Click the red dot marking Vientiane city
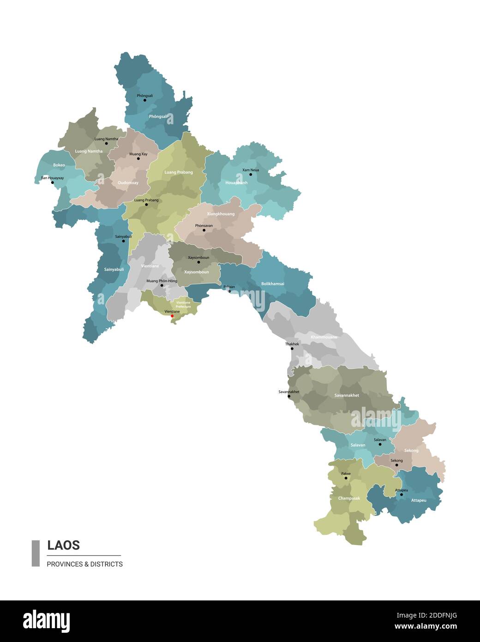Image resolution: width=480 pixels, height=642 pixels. point(172,316)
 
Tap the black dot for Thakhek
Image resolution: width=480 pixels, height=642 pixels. point(292,349)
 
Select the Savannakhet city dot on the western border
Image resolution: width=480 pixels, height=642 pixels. point(289,396)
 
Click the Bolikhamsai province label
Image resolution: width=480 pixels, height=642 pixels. point(273,284)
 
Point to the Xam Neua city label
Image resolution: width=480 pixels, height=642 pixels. point(251,170)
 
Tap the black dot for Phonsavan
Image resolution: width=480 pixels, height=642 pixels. point(204,230)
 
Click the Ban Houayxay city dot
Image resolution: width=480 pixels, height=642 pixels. point(52,182)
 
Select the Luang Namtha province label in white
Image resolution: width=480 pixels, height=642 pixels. point(89,151)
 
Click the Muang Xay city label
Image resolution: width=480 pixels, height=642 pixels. point(138,154)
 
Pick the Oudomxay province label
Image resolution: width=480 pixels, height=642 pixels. point(128,182)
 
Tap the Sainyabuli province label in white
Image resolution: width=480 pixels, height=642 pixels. point(114,269)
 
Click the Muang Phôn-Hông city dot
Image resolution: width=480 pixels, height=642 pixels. point(162,285)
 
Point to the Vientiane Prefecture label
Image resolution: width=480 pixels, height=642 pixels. point(183,304)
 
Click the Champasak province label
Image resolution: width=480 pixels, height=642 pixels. point(349,498)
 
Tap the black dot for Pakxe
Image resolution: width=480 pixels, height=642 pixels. point(346,478)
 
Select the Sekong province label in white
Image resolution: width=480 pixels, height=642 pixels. point(411,450)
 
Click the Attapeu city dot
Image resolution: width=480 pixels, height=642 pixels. point(401,495)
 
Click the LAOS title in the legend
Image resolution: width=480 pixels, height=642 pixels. point(64,545)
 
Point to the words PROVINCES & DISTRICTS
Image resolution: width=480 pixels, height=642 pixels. point(84,564)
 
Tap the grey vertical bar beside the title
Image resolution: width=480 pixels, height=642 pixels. point(36,553)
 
